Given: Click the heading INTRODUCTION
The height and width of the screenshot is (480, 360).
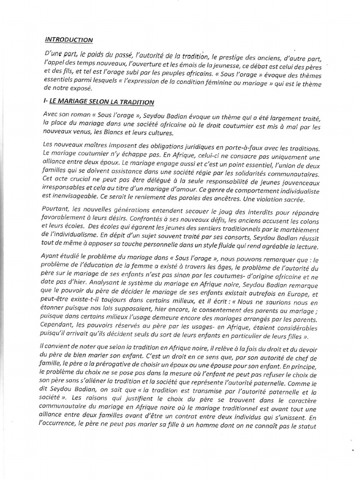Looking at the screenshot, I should tap(69, 40).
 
